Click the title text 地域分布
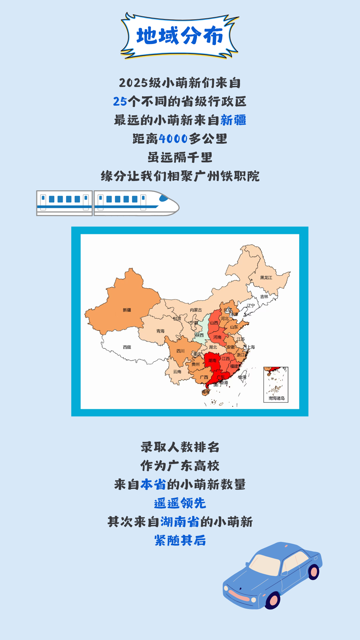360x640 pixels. click(x=180, y=36)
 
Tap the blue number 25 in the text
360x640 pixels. click(x=120, y=101)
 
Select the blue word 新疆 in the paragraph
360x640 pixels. click(x=233, y=120)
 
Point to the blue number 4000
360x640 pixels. click(x=173, y=139)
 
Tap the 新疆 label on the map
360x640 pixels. click(x=127, y=310)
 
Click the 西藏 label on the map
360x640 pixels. click(x=127, y=347)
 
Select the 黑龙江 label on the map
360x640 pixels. click(x=266, y=277)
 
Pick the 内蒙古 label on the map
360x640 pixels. click(x=196, y=310)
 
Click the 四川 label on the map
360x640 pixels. click(x=180, y=351)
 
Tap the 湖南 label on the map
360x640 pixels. click(x=212, y=360)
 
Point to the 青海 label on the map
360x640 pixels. click(x=160, y=331)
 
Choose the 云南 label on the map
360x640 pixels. click(x=177, y=372)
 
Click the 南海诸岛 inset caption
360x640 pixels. click(x=276, y=398)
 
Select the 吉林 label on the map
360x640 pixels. click(x=264, y=296)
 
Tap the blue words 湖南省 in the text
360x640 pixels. click(x=180, y=522)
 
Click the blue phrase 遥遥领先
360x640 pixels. click(x=180, y=503)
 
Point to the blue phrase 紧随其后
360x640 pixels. click(x=180, y=540)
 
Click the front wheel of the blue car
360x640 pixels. click(x=273, y=600)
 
